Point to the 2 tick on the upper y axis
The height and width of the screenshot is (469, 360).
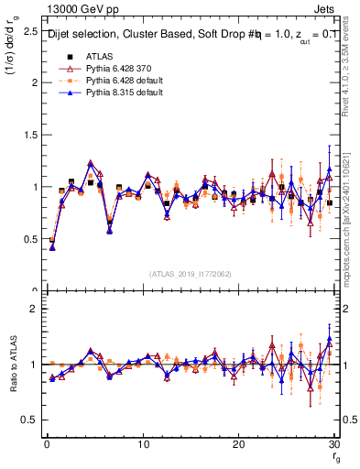33,82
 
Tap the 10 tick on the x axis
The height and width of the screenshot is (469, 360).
143,444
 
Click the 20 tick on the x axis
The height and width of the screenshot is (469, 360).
239,444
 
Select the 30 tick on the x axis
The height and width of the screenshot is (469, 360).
334,444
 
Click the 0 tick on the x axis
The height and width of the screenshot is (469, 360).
47,444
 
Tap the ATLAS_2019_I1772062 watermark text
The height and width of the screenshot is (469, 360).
189,273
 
